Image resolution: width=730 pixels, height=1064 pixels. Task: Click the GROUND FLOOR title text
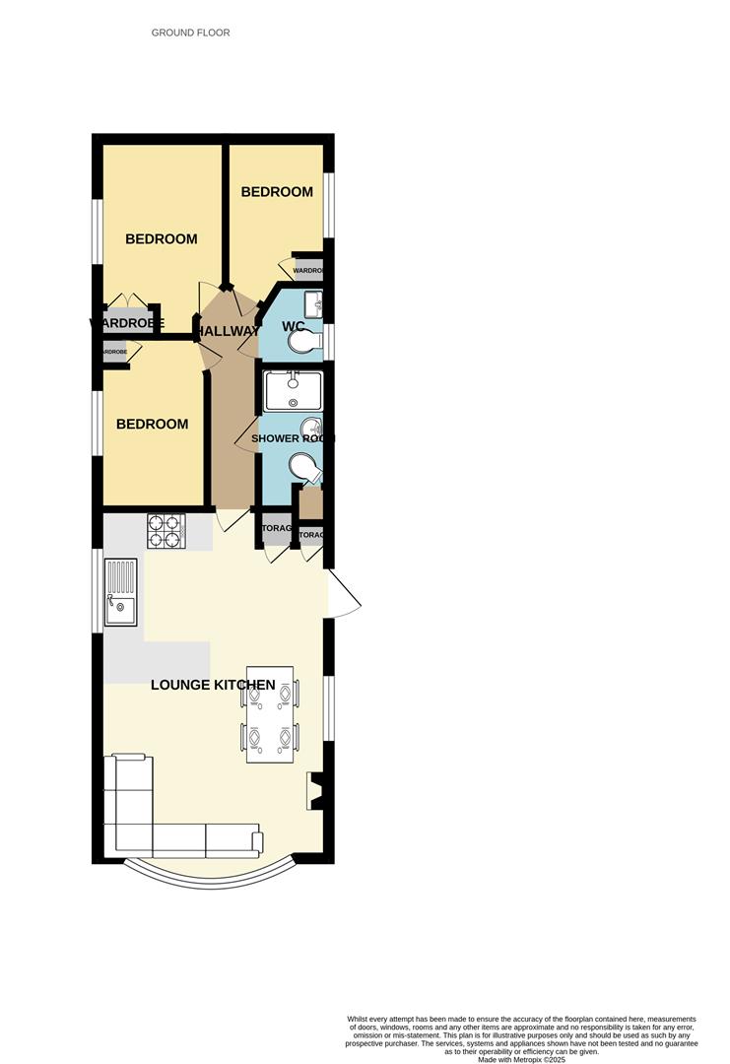[x=190, y=33]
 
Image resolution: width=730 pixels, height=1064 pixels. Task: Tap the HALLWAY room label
[x=227, y=332]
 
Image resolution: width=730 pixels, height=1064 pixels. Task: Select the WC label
[x=294, y=326]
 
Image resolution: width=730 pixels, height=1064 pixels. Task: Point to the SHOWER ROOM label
[x=293, y=438]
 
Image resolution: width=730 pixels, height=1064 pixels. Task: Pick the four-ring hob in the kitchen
[x=166, y=531]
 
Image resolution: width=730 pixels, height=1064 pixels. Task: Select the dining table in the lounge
[x=270, y=714]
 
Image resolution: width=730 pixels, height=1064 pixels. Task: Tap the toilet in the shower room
[x=304, y=468]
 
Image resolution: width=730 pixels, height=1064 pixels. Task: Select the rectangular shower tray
[x=293, y=391]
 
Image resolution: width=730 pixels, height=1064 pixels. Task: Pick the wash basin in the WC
[x=313, y=300]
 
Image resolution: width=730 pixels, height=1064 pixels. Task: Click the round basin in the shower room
[x=311, y=428]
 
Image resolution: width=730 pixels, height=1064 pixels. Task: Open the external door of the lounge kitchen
[x=344, y=595]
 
